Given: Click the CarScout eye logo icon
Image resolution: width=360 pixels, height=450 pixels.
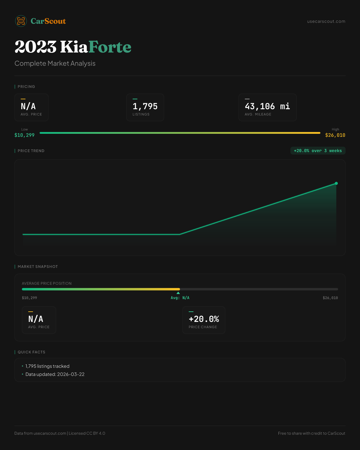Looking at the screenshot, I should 21,21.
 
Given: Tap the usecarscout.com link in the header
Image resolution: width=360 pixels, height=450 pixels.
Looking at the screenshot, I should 326,21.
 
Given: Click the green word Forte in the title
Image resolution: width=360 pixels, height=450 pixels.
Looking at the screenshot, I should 110,47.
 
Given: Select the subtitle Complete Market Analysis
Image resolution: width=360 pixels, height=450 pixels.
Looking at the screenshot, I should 55,64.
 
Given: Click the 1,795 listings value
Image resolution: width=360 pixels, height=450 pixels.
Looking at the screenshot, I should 145,106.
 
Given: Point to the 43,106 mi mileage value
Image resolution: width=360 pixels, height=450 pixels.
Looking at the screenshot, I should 267,106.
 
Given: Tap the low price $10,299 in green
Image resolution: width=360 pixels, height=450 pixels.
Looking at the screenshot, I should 24,135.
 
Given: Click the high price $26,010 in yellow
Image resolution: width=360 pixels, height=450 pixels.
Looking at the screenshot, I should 335,135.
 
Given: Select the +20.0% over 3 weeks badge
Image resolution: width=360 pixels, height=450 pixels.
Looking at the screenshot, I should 318,151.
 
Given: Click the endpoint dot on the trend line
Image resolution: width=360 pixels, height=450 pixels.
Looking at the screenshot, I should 336,183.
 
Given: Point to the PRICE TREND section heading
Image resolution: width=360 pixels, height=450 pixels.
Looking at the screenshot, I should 31,151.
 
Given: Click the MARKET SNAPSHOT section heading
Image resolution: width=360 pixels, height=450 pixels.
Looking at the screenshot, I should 37,267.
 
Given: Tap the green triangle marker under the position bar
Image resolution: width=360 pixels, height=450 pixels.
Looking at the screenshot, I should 178,293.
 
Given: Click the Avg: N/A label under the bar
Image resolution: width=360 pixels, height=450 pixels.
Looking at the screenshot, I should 180,298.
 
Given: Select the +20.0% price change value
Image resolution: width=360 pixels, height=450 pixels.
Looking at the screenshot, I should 204,319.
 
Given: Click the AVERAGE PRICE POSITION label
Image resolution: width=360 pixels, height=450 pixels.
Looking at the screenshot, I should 47,283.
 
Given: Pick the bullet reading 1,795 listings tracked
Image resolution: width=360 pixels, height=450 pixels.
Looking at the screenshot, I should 47,366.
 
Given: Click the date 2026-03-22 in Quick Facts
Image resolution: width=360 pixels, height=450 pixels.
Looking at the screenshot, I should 71,374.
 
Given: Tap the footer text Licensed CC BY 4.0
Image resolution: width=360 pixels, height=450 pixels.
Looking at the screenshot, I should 87,433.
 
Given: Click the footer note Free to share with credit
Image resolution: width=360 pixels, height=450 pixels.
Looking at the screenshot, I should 311,433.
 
